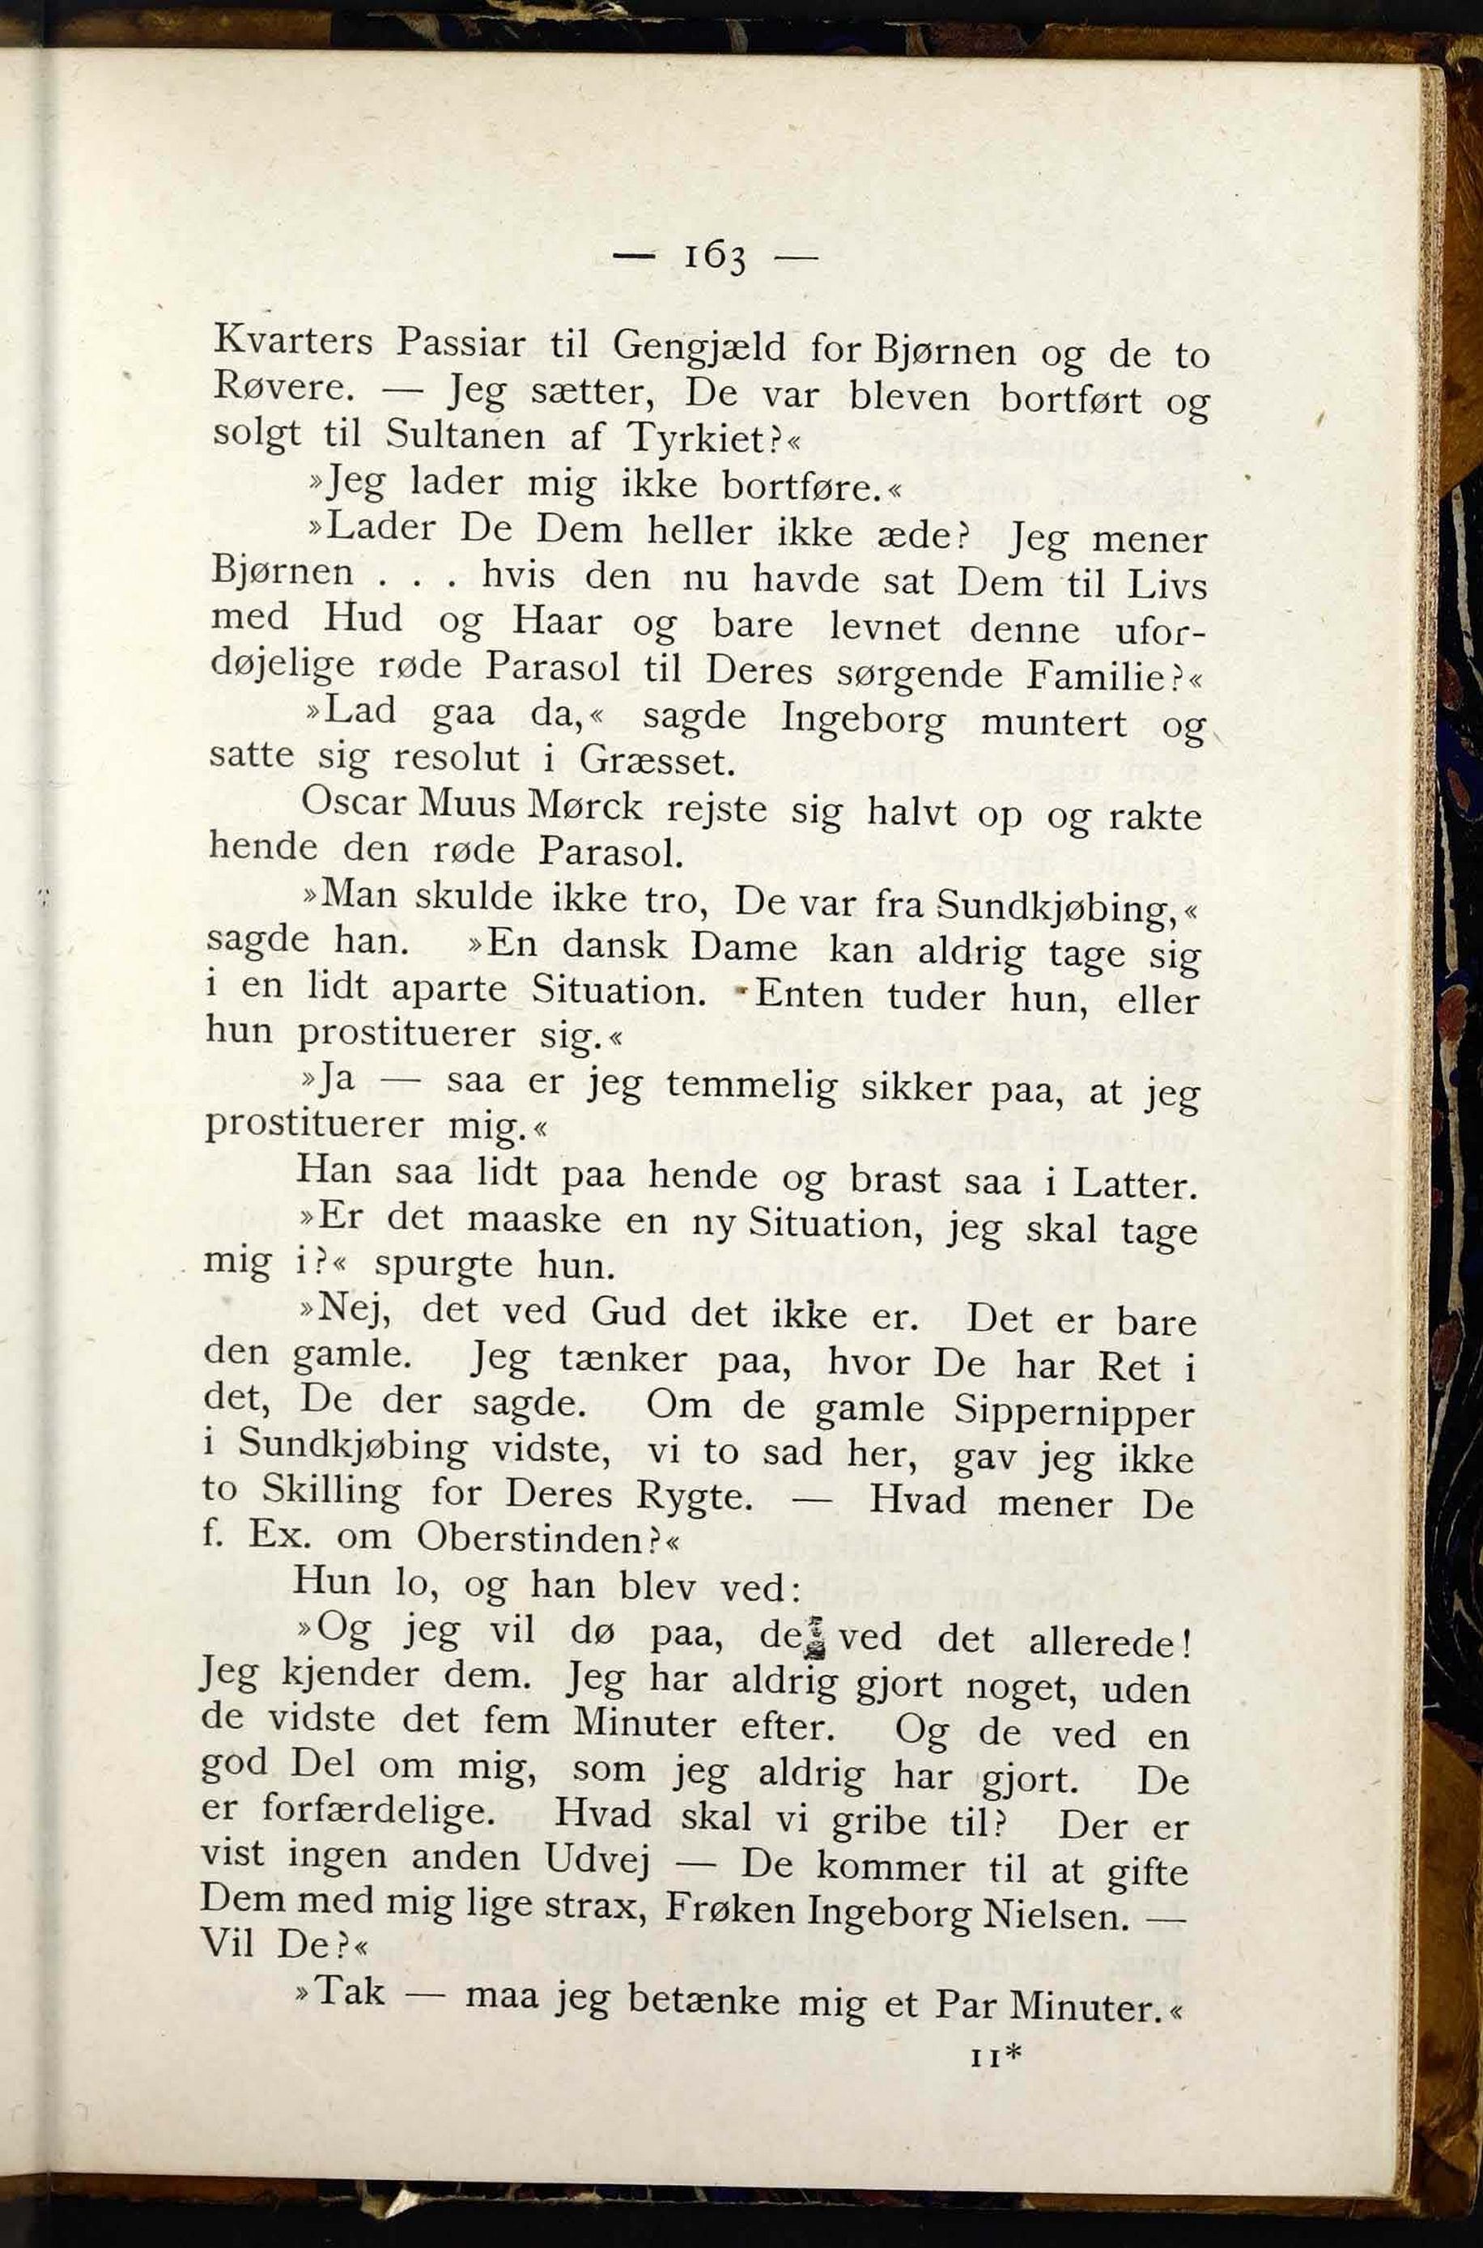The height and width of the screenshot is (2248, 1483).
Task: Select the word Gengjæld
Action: click(x=699, y=346)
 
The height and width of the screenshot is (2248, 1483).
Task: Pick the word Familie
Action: click(x=1100, y=675)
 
